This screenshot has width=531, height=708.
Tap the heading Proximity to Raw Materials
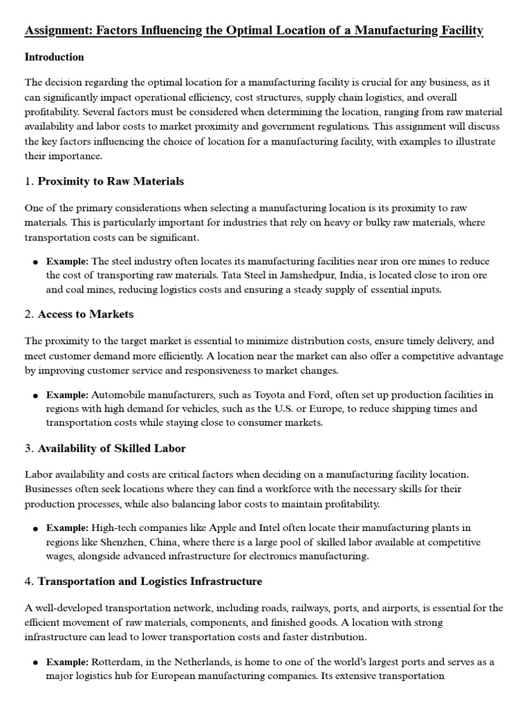click(x=111, y=181)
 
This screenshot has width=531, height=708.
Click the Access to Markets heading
click(x=86, y=314)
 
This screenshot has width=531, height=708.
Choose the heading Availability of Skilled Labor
click(x=111, y=448)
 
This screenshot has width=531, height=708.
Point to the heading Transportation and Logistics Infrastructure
click(x=150, y=581)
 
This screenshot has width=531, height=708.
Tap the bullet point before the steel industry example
click(x=35, y=262)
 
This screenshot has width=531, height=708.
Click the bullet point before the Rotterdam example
click(x=35, y=662)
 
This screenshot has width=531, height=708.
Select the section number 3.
click(x=28, y=448)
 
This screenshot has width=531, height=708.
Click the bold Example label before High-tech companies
click(x=67, y=529)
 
